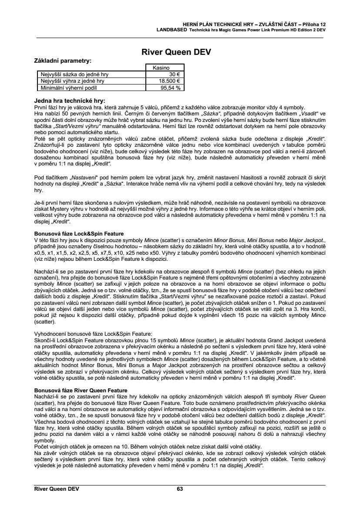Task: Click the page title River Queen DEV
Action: pos(176,53)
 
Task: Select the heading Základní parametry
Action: pos(63,61)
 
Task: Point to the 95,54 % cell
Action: pos(171,87)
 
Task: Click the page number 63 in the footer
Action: pos(180,489)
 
